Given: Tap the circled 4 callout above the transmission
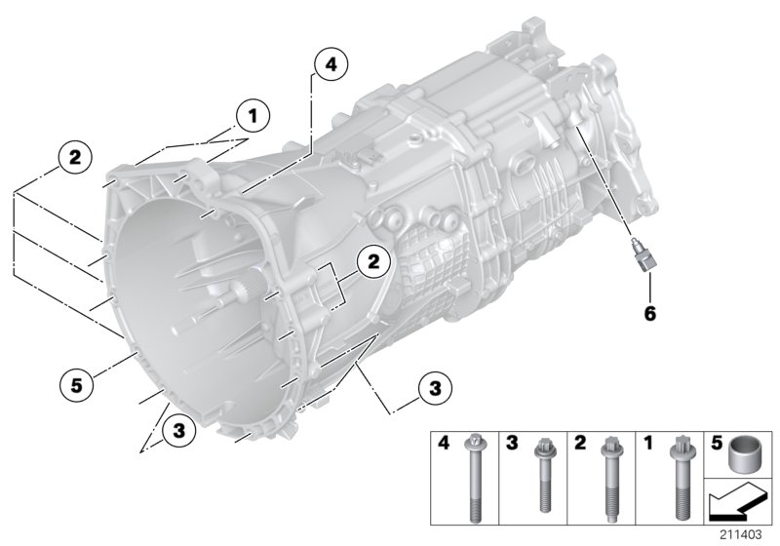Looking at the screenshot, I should [330, 65].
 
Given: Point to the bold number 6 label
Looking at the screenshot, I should [649, 314].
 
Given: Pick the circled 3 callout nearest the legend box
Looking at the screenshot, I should [435, 387].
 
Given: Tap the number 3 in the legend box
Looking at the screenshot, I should [511, 445].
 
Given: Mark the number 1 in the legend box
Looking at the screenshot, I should [647, 445].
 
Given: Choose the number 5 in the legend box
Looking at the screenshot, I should [716, 445].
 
